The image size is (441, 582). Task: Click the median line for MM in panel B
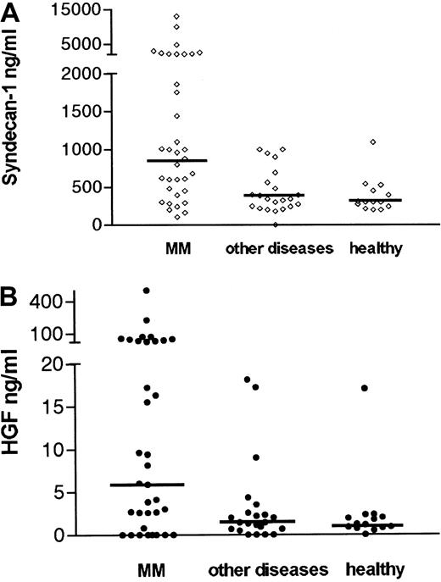(x=147, y=485)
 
